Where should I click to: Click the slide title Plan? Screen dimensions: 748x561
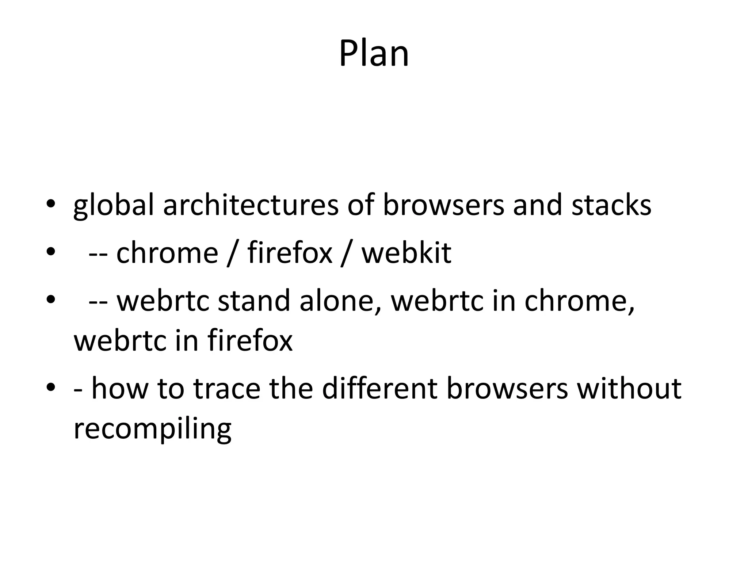pos(374,54)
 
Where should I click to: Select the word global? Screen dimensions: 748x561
pos(114,205)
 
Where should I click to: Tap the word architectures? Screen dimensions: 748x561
pos(251,205)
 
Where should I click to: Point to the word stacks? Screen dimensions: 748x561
pos(611,205)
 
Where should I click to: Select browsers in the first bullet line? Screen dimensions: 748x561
pos(443,205)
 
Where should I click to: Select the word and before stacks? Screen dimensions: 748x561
pos(537,205)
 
